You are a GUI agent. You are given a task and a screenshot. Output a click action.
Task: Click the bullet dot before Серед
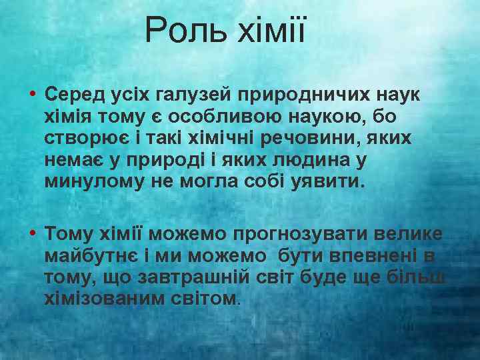33,94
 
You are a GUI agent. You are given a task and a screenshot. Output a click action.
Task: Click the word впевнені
375,255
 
